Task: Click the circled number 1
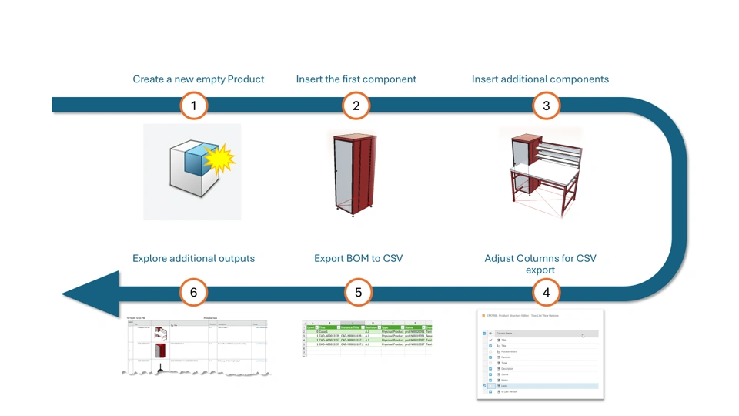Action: [x=194, y=106]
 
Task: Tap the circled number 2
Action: [x=356, y=106]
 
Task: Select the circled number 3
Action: [x=547, y=106]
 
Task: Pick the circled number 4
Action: [x=547, y=293]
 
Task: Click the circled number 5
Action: [x=358, y=293]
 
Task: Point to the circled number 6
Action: [x=194, y=293]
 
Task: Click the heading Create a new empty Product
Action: [x=198, y=79]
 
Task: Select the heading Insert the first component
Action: [x=356, y=79]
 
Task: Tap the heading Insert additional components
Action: [x=540, y=79]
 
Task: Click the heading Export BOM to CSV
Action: [x=358, y=259]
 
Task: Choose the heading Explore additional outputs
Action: [x=193, y=259]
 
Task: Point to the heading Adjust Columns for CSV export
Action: [x=540, y=264]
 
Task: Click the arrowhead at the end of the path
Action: [x=89, y=294]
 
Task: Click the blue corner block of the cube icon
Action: [x=196, y=161]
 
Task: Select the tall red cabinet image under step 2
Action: [x=355, y=173]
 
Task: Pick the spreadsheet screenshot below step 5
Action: [x=366, y=337]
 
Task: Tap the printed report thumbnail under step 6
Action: [x=197, y=347]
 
